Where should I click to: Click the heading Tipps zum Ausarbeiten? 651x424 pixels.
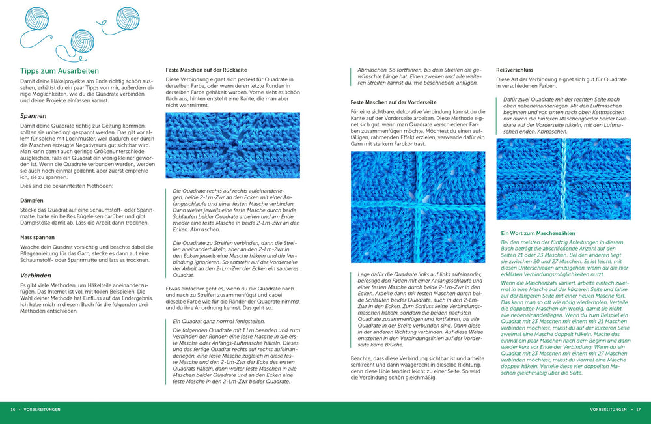(59, 70)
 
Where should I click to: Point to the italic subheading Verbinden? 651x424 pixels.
(36, 275)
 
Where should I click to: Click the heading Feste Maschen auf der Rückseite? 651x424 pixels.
(206, 70)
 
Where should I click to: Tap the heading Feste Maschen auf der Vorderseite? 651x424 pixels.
(393, 102)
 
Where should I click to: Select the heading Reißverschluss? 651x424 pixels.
(514, 70)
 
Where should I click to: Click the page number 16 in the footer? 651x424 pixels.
(13, 410)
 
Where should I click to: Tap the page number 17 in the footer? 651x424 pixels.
(638, 410)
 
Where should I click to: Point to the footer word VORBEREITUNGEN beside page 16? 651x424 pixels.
(42, 410)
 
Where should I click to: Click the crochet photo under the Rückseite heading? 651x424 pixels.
(232, 145)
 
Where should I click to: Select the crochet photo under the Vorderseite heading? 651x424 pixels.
(417, 207)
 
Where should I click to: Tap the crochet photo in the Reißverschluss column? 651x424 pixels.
(563, 178)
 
